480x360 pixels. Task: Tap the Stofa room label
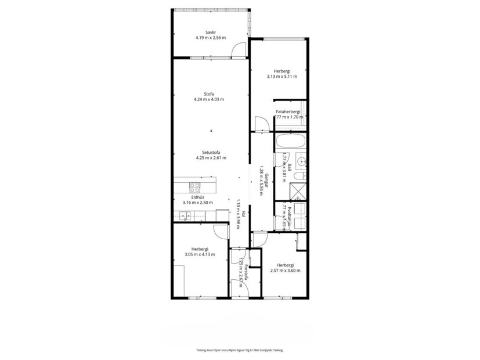click(209, 94)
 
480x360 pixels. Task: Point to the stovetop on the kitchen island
click(195, 187)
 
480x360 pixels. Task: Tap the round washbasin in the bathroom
click(301, 161)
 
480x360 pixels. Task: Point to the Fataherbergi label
click(288, 111)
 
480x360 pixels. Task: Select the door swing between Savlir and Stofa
click(239, 51)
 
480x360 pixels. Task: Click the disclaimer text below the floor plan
click(240, 350)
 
